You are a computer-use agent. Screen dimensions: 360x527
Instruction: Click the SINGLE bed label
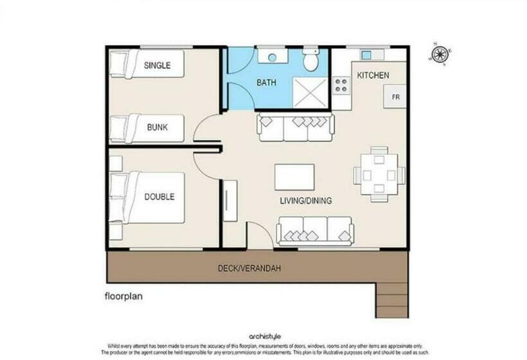click(157, 65)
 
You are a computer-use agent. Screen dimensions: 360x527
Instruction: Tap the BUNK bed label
click(157, 127)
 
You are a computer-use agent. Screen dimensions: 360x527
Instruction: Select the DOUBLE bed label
click(159, 197)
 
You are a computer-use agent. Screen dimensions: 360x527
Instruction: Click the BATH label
click(266, 83)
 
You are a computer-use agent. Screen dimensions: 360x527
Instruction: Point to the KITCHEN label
click(373, 75)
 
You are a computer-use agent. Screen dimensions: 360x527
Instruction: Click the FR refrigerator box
click(395, 97)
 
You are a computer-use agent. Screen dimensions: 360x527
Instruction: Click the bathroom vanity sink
click(272, 57)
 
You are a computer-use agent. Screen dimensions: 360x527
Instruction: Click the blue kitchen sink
click(366, 55)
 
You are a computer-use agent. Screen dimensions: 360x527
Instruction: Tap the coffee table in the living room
click(294, 177)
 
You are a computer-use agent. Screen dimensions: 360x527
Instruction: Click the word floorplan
click(123, 297)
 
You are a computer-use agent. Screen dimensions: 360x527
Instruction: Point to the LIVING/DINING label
click(306, 201)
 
